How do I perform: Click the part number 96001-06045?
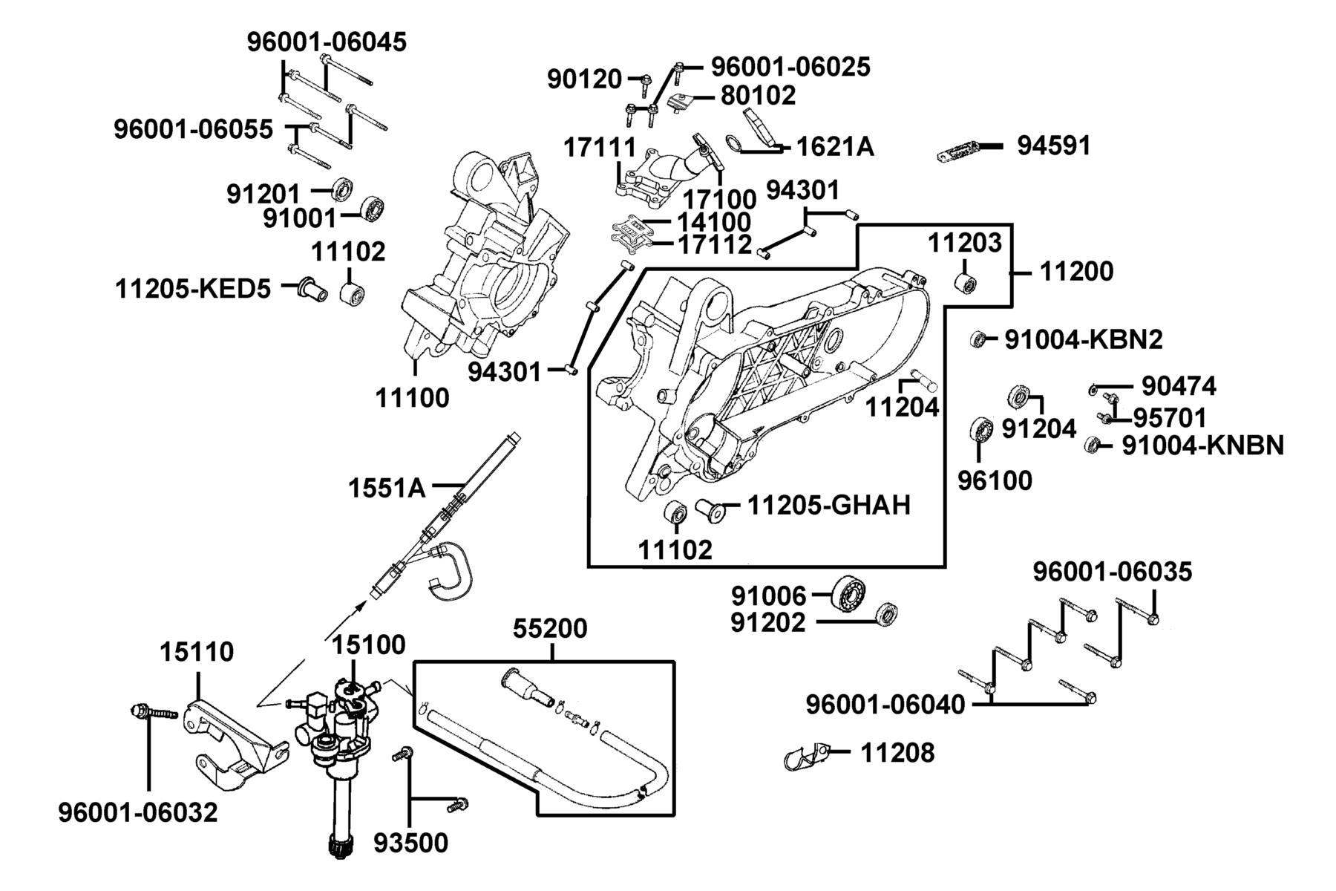(x=327, y=42)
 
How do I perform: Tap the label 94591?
(x=1054, y=146)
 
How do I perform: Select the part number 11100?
(x=412, y=398)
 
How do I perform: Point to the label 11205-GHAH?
(x=828, y=505)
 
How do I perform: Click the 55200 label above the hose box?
(x=550, y=629)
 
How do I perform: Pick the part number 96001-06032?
(x=138, y=812)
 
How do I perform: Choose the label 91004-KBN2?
(x=1084, y=339)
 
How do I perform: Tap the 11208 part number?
(x=897, y=753)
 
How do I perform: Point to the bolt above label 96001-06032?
(x=154, y=712)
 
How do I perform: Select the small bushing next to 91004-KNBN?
(x=1092, y=446)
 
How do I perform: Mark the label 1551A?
(x=387, y=488)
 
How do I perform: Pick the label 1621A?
(x=835, y=147)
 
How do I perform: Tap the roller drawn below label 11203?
(x=966, y=283)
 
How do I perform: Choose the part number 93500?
(x=410, y=843)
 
